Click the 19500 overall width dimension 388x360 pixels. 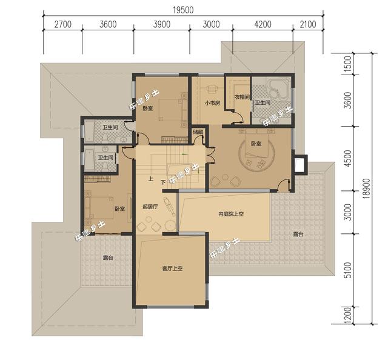coord(183,10)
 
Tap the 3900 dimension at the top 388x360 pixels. coord(162,24)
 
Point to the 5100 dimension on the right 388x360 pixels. coord(347,270)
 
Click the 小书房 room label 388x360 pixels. coord(212,103)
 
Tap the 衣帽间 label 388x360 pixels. coord(242,97)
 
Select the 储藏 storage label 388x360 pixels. coord(198,132)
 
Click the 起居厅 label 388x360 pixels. coord(150,207)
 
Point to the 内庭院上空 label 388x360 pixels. coord(231,214)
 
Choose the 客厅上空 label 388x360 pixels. coord(172,268)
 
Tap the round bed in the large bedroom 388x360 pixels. coord(256,153)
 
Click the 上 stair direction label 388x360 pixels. coord(151,179)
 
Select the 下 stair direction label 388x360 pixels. coord(163,182)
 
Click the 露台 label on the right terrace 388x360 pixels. coord(298,234)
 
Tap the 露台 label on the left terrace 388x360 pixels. coord(108,258)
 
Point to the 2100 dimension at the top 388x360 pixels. coord(308,24)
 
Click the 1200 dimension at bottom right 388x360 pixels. coord(347,315)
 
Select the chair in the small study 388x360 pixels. coord(212,89)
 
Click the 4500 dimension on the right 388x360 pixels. coord(347,158)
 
